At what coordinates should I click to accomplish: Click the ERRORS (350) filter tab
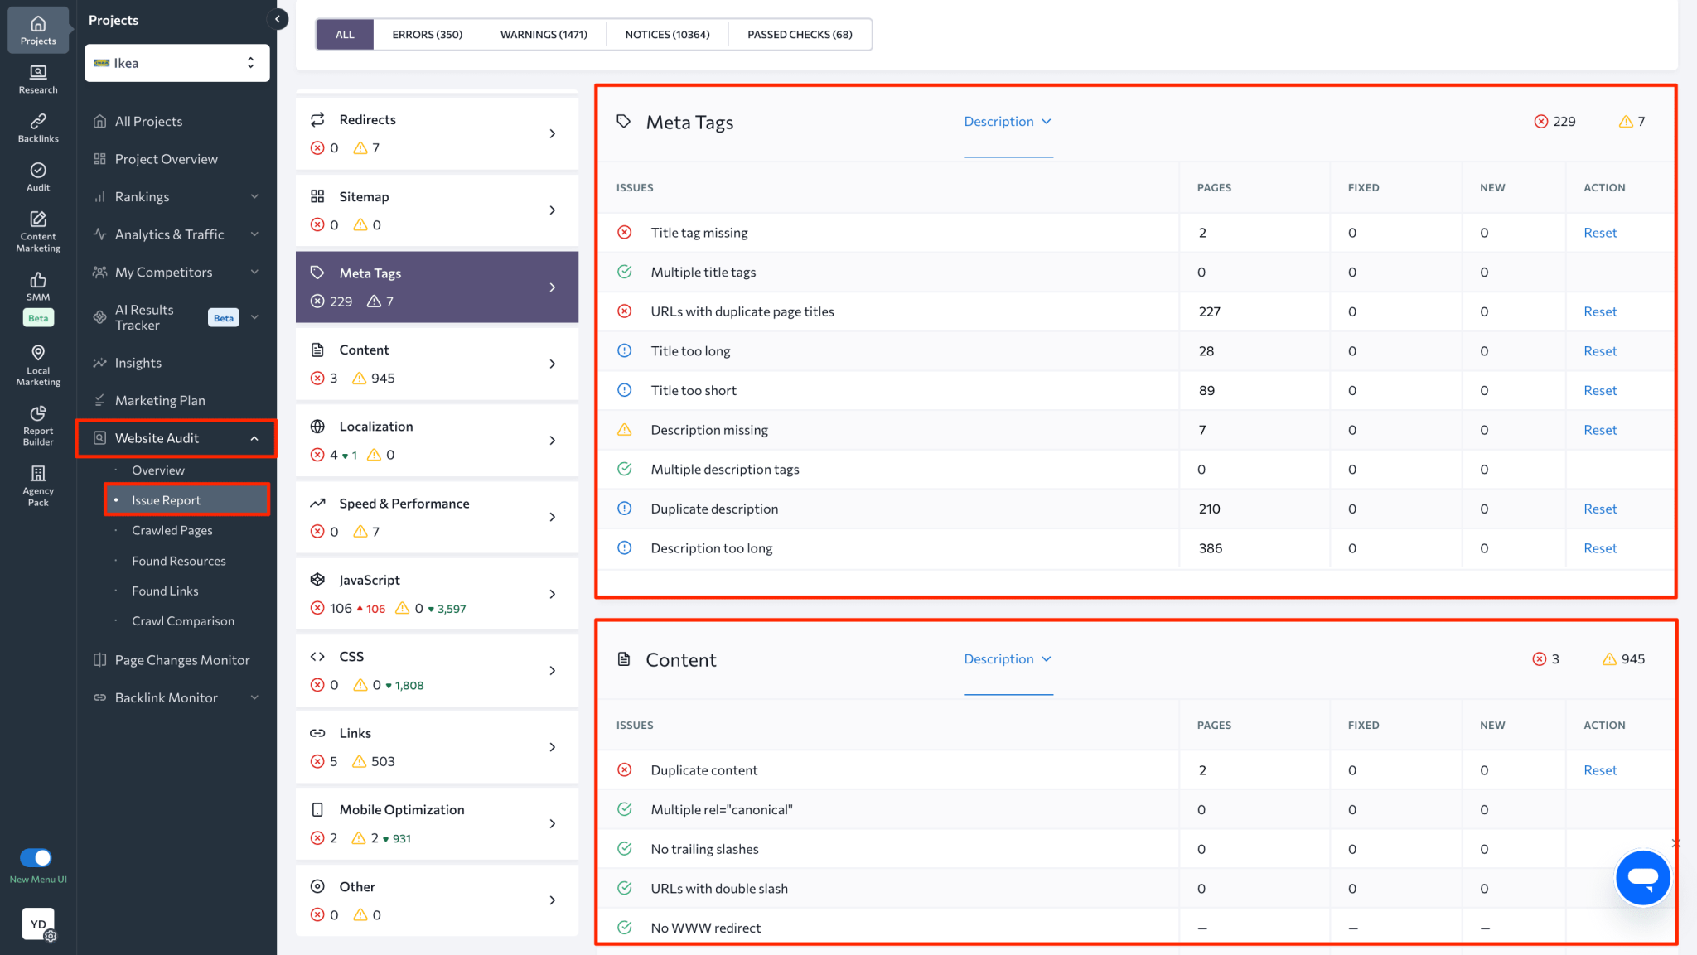point(427,35)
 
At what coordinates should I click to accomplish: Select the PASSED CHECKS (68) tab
point(800,35)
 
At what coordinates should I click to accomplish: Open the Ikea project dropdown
point(176,63)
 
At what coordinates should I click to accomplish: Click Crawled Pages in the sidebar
point(172,530)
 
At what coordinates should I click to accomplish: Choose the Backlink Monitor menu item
point(166,697)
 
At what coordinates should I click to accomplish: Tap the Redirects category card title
point(367,119)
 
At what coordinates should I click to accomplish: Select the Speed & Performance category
point(404,504)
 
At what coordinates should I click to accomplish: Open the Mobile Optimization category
point(401,809)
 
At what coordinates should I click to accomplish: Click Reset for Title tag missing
point(1600,233)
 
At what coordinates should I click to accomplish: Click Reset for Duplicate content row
point(1600,770)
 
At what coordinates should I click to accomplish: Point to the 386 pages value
point(1210,548)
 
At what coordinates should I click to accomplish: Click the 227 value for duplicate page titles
point(1209,311)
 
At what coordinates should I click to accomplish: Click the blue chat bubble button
point(1642,877)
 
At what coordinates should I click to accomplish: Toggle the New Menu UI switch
point(36,857)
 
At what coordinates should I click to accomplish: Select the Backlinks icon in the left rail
point(38,128)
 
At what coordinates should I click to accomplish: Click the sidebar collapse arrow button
point(278,19)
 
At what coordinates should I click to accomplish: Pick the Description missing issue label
point(708,430)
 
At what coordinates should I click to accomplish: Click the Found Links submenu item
point(165,591)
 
